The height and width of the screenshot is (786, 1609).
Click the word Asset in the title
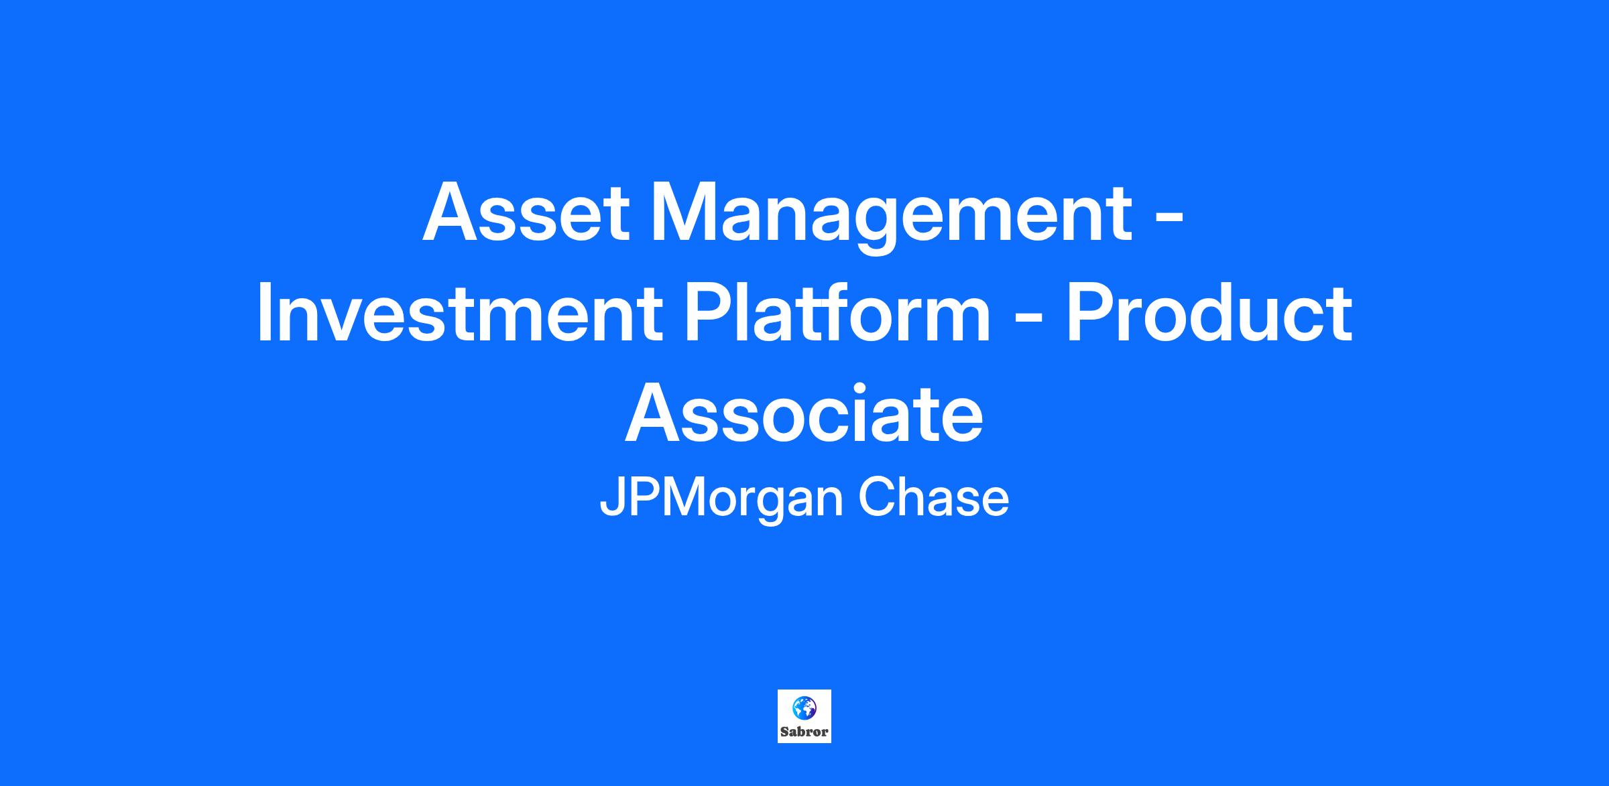pyautogui.click(x=526, y=212)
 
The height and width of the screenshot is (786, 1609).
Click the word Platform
pyautogui.click(x=836, y=313)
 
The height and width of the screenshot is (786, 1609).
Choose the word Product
pyautogui.click(x=1209, y=313)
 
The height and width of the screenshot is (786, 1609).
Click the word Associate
pyautogui.click(x=804, y=415)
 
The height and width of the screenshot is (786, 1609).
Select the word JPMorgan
pyautogui.click(x=721, y=500)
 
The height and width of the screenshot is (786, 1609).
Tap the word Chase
pyautogui.click(x=934, y=499)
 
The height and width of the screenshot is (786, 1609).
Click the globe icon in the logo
pyautogui.click(x=804, y=707)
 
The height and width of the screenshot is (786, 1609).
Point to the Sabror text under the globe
pyautogui.click(x=804, y=732)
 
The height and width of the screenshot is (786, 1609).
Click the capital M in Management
pyautogui.click(x=687, y=212)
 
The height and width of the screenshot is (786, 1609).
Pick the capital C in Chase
pyautogui.click(x=877, y=498)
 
